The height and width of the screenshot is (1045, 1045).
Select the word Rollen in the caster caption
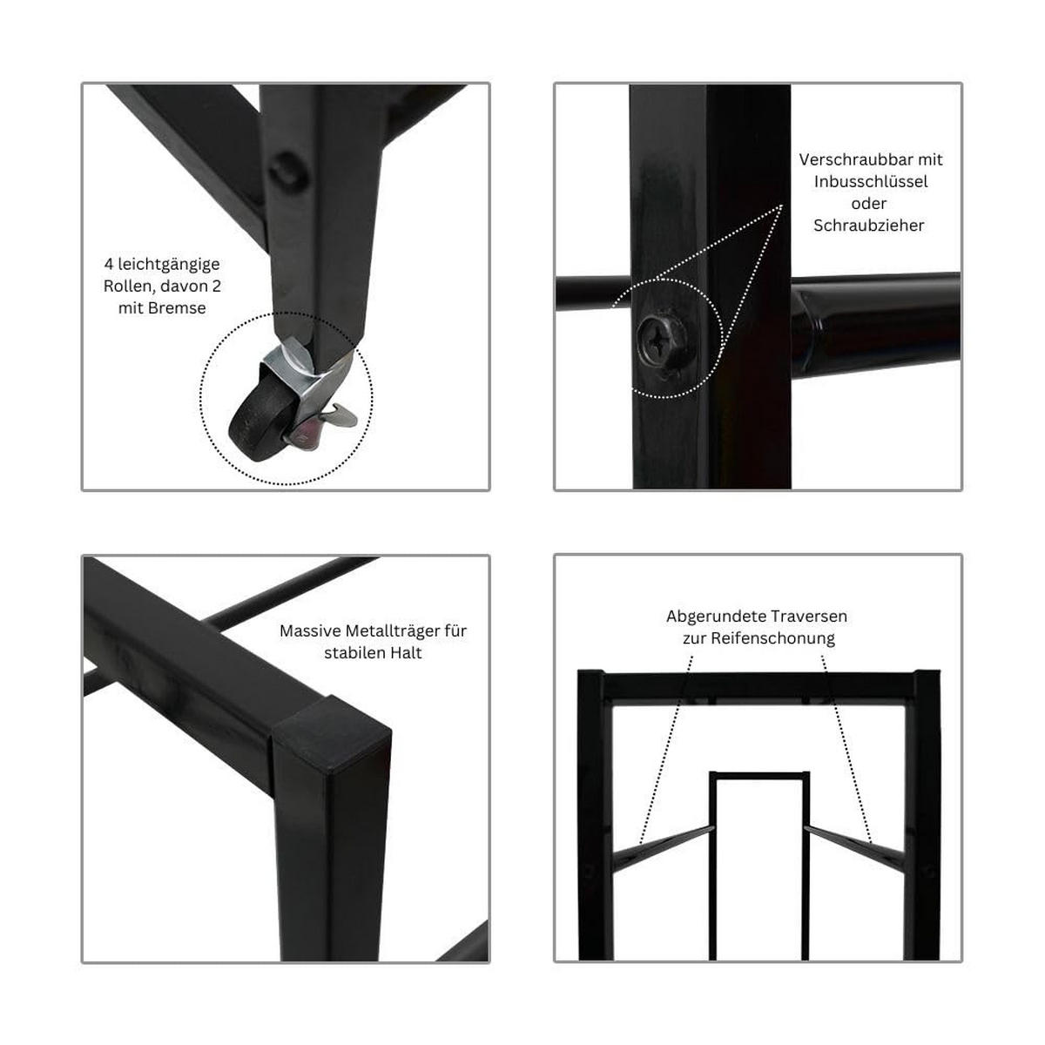click(x=128, y=287)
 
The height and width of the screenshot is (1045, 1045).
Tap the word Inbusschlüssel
click(x=870, y=182)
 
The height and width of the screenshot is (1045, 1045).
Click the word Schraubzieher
click(x=869, y=226)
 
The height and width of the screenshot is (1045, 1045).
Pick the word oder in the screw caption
click(x=869, y=204)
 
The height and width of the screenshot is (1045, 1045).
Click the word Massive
click(x=310, y=630)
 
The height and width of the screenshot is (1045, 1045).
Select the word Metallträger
click(x=393, y=631)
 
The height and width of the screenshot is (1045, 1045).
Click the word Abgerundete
click(x=717, y=617)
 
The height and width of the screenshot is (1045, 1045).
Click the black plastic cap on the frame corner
click(x=330, y=735)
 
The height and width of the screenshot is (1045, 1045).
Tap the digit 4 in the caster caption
click(x=109, y=264)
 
